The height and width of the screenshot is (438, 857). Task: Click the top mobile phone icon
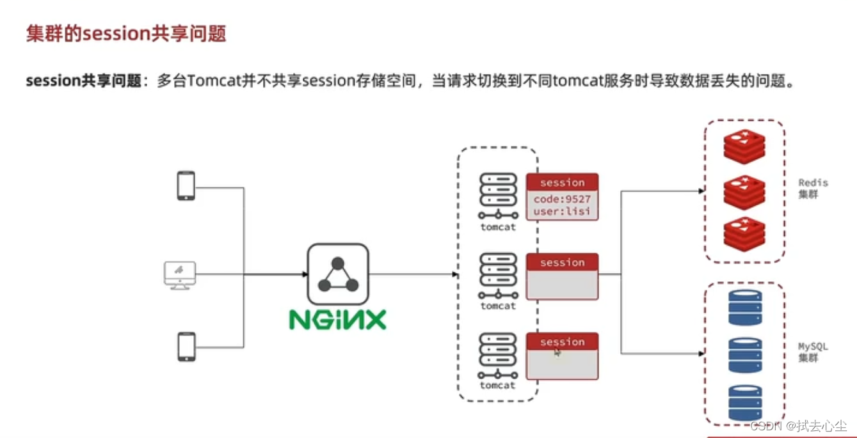coord(186,185)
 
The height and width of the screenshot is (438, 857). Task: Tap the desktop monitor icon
coord(180,275)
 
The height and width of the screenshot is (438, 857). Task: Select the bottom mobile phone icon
coord(186,347)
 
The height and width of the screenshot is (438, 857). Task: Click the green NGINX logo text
coord(337,319)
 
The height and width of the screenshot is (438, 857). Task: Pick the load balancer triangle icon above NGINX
coord(337,274)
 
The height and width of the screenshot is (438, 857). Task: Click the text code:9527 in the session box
coord(562,199)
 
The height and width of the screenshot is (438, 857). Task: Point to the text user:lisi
coord(562,211)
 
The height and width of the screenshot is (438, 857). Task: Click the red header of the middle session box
coord(562,262)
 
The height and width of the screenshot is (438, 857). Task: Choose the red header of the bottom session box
coord(562,341)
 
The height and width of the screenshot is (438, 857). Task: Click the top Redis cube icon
coord(744,146)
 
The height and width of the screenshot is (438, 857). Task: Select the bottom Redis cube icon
coord(744,233)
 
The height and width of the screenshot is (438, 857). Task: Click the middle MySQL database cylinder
coord(745,354)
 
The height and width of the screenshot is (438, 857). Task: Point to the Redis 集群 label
coord(812,188)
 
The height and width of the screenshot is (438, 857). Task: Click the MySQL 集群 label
coord(812,352)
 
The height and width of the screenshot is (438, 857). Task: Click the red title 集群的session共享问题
coord(126,34)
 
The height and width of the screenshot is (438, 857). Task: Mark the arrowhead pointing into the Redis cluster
coord(701,191)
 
